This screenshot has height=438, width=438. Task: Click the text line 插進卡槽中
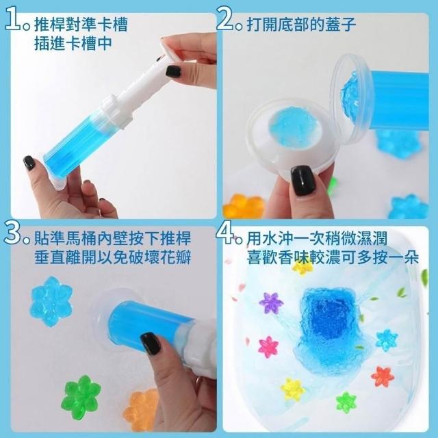pyautogui.click(x=73, y=44)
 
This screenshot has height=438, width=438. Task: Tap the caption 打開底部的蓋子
pyautogui.click(x=301, y=25)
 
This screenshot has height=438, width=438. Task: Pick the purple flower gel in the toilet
pyautogui.click(x=271, y=302)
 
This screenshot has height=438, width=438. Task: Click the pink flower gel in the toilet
pyautogui.click(x=268, y=347)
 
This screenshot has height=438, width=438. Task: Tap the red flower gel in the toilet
pyautogui.click(x=383, y=377)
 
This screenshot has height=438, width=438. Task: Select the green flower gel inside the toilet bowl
pyautogui.click(x=346, y=402)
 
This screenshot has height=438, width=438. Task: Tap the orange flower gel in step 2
pyautogui.click(x=244, y=206)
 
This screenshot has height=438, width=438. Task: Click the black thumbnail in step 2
pyautogui.click(x=303, y=181)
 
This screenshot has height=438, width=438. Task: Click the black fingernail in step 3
pyautogui.click(x=150, y=344)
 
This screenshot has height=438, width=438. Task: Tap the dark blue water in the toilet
pyautogui.click(x=330, y=321)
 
